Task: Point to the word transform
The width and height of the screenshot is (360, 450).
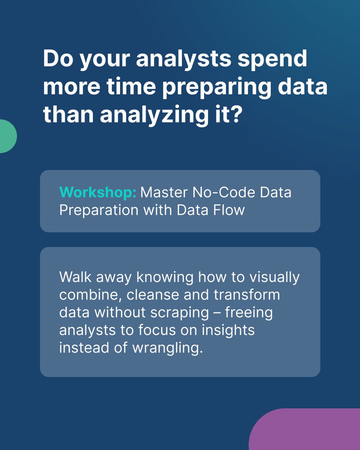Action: pos(246,294)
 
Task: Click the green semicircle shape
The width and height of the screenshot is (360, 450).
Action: pos(7,136)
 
